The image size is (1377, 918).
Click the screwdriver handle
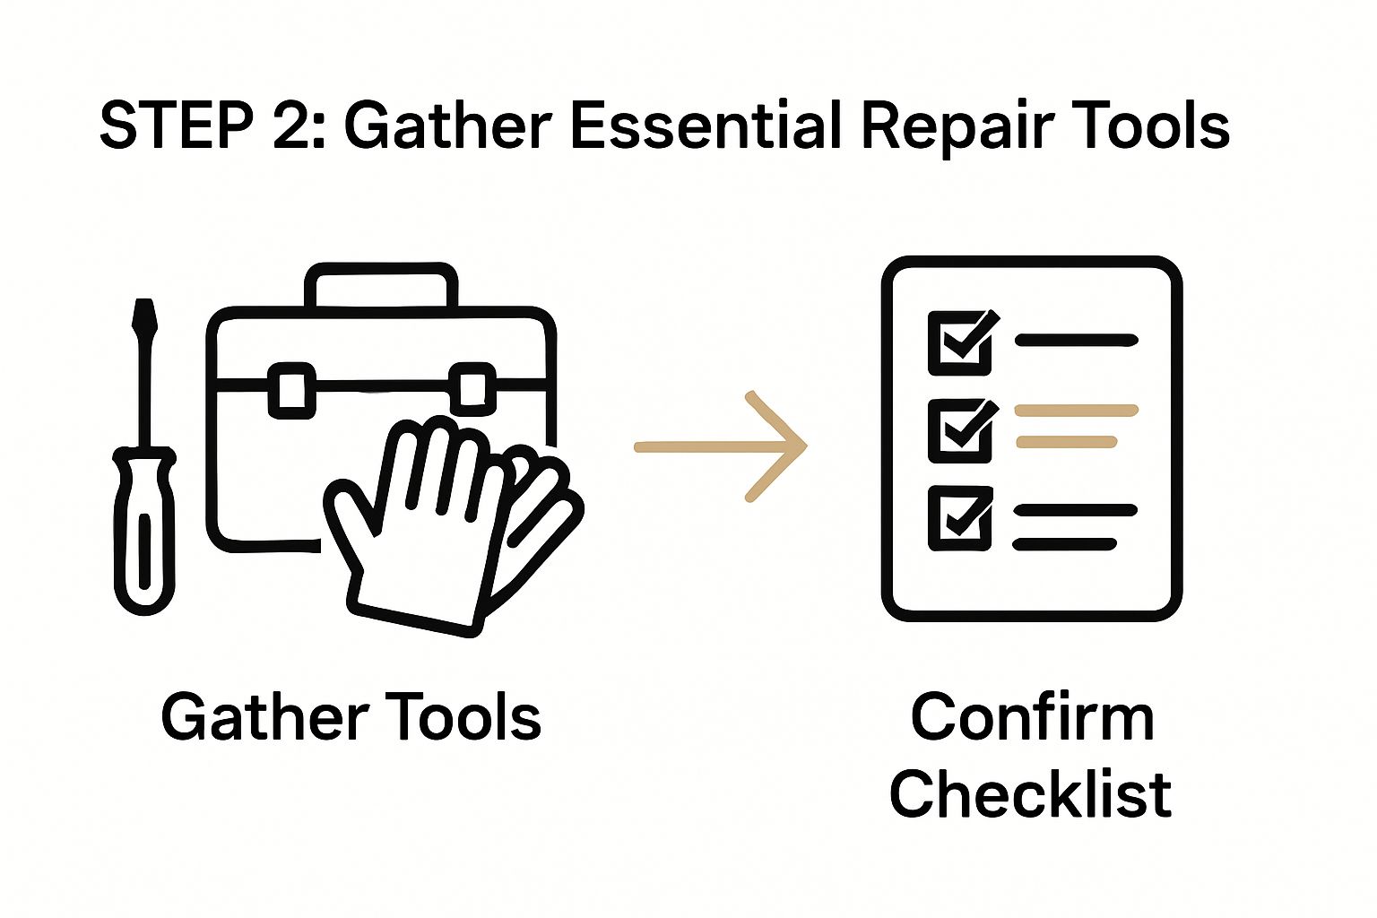pos(143,529)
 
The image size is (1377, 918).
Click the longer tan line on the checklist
pos(1076,411)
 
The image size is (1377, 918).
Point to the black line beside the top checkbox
pos(1076,341)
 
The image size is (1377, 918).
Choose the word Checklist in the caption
pos(1030,793)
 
